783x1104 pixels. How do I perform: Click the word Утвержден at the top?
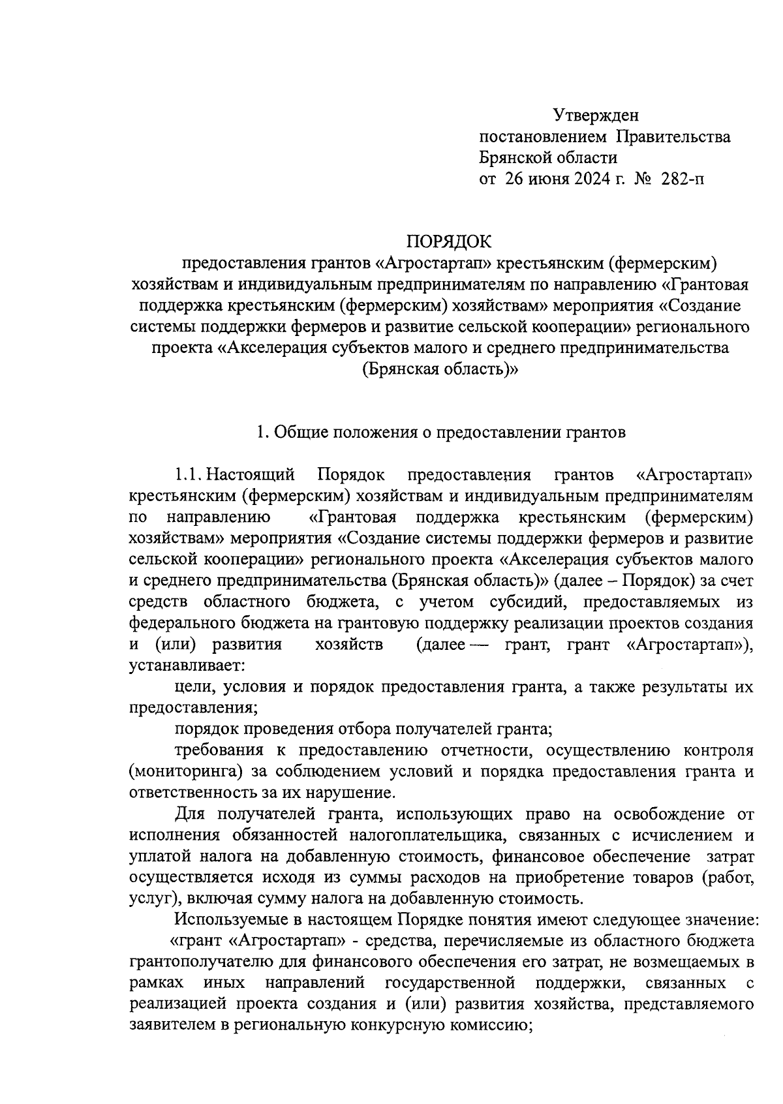pos(596,115)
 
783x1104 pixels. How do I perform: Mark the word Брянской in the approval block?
pos(510,157)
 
